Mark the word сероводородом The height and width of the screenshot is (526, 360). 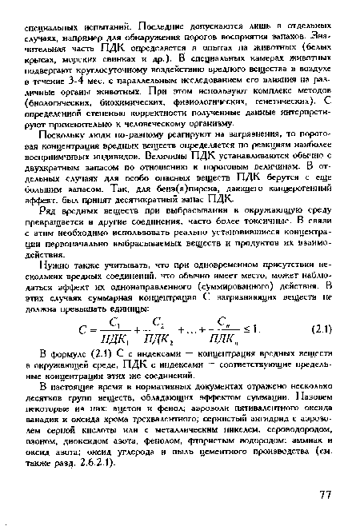(x=268, y=440)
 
